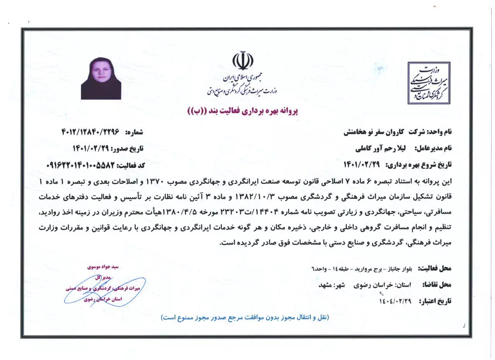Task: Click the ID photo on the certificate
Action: (x=101, y=79)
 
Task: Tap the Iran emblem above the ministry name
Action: (x=242, y=62)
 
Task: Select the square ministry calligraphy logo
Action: (x=429, y=83)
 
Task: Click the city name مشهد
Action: (x=326, y=285)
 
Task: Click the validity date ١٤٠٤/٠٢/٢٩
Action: (x=395, y=301)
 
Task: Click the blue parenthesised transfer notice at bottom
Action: (x=244, y=317)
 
